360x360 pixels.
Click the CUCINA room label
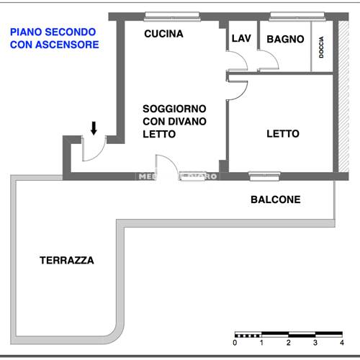[163, 34]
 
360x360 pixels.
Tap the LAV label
[240, 39]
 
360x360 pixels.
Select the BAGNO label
[285, 40]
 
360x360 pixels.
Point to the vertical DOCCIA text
[322, 49]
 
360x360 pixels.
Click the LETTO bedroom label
[282, 134]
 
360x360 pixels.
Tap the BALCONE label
[275, 200]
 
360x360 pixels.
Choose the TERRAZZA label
[67, 261]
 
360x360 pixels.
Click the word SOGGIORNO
[175, 108]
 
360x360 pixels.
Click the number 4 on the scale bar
[341, 343]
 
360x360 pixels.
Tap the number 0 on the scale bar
[235, 343]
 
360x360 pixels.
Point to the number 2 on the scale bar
[288, 343]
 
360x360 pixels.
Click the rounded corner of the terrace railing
[112, 332]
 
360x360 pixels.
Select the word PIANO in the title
[25, 32]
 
